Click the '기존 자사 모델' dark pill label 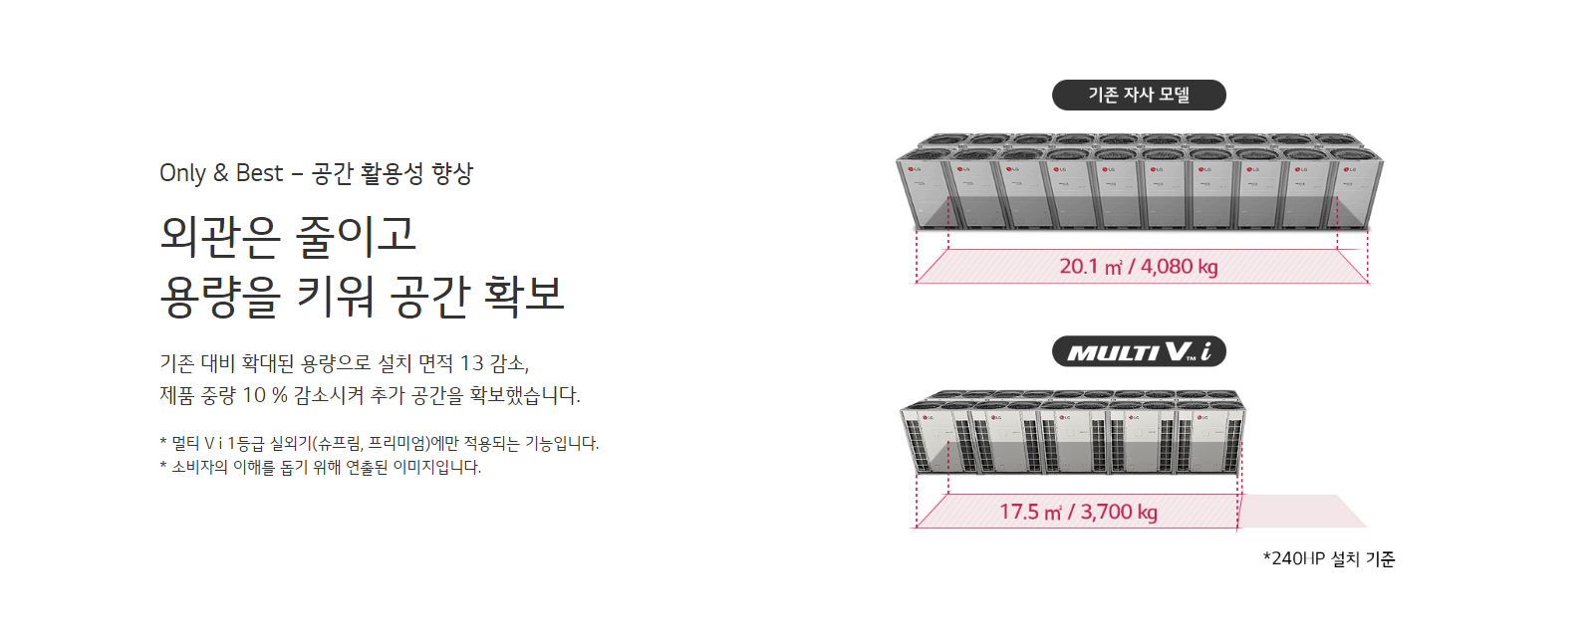click(x=1139, y=95)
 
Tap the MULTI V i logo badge click(x=1139, y=351)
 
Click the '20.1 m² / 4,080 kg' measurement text click(x=1139, y=267)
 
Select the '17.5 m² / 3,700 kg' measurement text click(x=1078, y=513)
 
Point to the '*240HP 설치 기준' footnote click(x=1329, y=559)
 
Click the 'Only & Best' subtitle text click(x=221, y=173)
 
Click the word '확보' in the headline click(x=524, y=295)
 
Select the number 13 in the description click(x=472, y=363)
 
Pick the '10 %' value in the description click(x=265, y=395)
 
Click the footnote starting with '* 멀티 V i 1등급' click(x=380, y=443)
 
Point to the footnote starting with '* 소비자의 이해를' click(x=320, y=467)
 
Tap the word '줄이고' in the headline click(x=355, y=236)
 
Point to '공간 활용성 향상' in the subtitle click(x=393, y=173)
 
